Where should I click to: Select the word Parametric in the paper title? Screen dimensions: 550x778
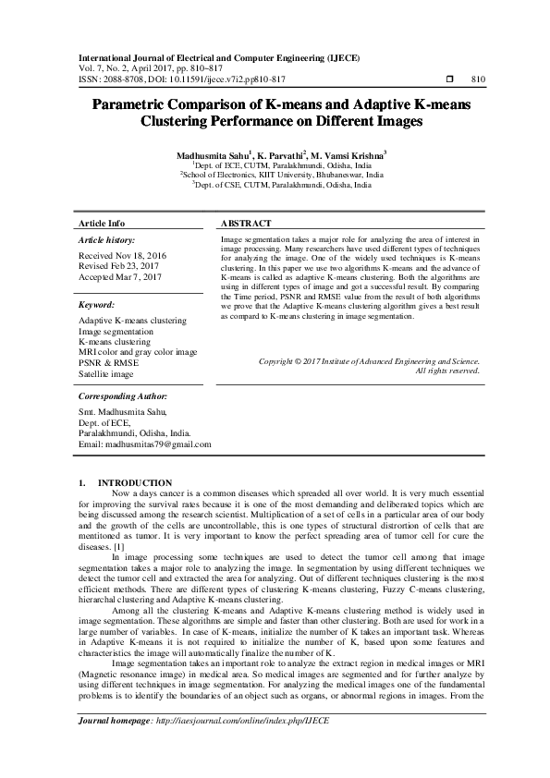coord(145,105)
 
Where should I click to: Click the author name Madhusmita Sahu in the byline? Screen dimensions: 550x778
coord(211,153)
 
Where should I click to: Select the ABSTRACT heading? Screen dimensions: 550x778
coord(246,225)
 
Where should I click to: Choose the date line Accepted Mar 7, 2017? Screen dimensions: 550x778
coord(121,277)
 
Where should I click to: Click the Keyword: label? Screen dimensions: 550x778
coord(96,304)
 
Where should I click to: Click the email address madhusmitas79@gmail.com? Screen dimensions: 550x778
coord(145,444)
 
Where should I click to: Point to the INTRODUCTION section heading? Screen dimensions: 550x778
coord(134,483)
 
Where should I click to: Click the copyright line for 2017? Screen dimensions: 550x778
coord(369,361)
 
